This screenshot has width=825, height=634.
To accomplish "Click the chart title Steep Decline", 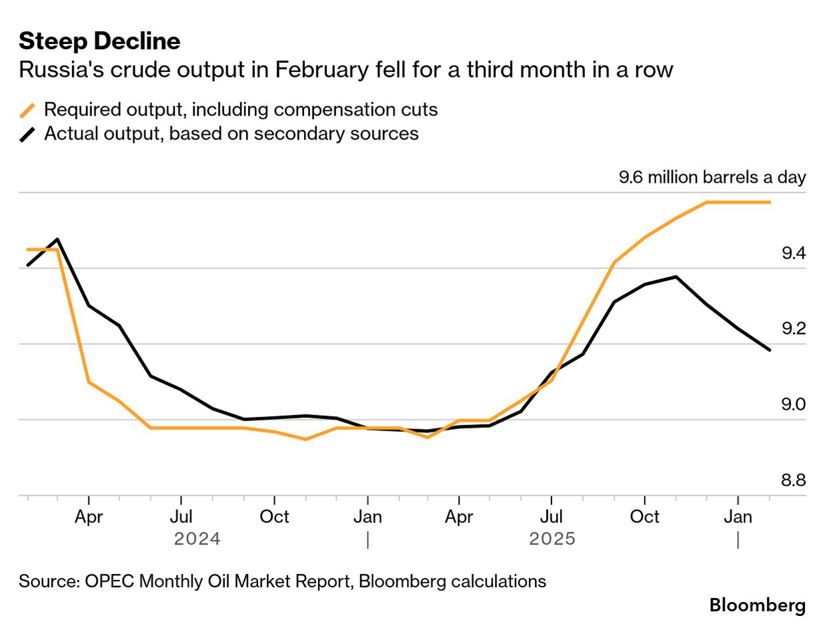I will pyautogui.click(x=99, y=41).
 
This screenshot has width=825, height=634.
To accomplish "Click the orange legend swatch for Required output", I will pyautogui.click(x=28, y=109).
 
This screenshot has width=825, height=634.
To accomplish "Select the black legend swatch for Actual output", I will pyautogui.click(x=28, y=133).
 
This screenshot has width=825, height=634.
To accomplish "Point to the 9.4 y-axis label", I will pyautogui.click(x=794, y=254).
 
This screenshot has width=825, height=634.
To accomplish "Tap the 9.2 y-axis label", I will pyautogui.click(x=794, y=329).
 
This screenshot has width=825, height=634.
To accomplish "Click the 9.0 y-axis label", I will pyautogui.click(x=794, y=404).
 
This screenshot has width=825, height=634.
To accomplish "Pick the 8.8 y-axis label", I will pyautogui.click(x=794, y=481).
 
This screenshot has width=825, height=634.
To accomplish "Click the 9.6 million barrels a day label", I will pyautogui.click(x=712, y=178).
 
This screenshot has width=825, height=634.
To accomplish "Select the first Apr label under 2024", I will pyautogui.click(x=89, y=517).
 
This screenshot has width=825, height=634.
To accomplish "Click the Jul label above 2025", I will pyautogui.click(x=552, y=517).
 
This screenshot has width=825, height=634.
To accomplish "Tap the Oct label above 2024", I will pyautogui.click(x=274, y=517).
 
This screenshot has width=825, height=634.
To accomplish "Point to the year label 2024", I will pyautogui.click(x=197, y=539).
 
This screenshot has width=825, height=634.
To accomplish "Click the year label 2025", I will pyautogui.click(x=552, y=539).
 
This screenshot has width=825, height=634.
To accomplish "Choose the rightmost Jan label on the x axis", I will pyautogui.click(x=738, y=517).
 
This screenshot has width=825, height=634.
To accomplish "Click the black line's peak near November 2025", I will pyautogui.click(x=676, y=276).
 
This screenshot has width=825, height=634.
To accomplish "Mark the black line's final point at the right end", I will pyautogui.click(x=770, y=350).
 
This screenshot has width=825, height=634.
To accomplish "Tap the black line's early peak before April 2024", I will pyautogui.click(x=58, y=239).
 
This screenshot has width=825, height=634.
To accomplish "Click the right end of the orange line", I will pyautogui.click(x=770, y=202).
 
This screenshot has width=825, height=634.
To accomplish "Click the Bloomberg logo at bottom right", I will pyautogui.click(x=757, y=605).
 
